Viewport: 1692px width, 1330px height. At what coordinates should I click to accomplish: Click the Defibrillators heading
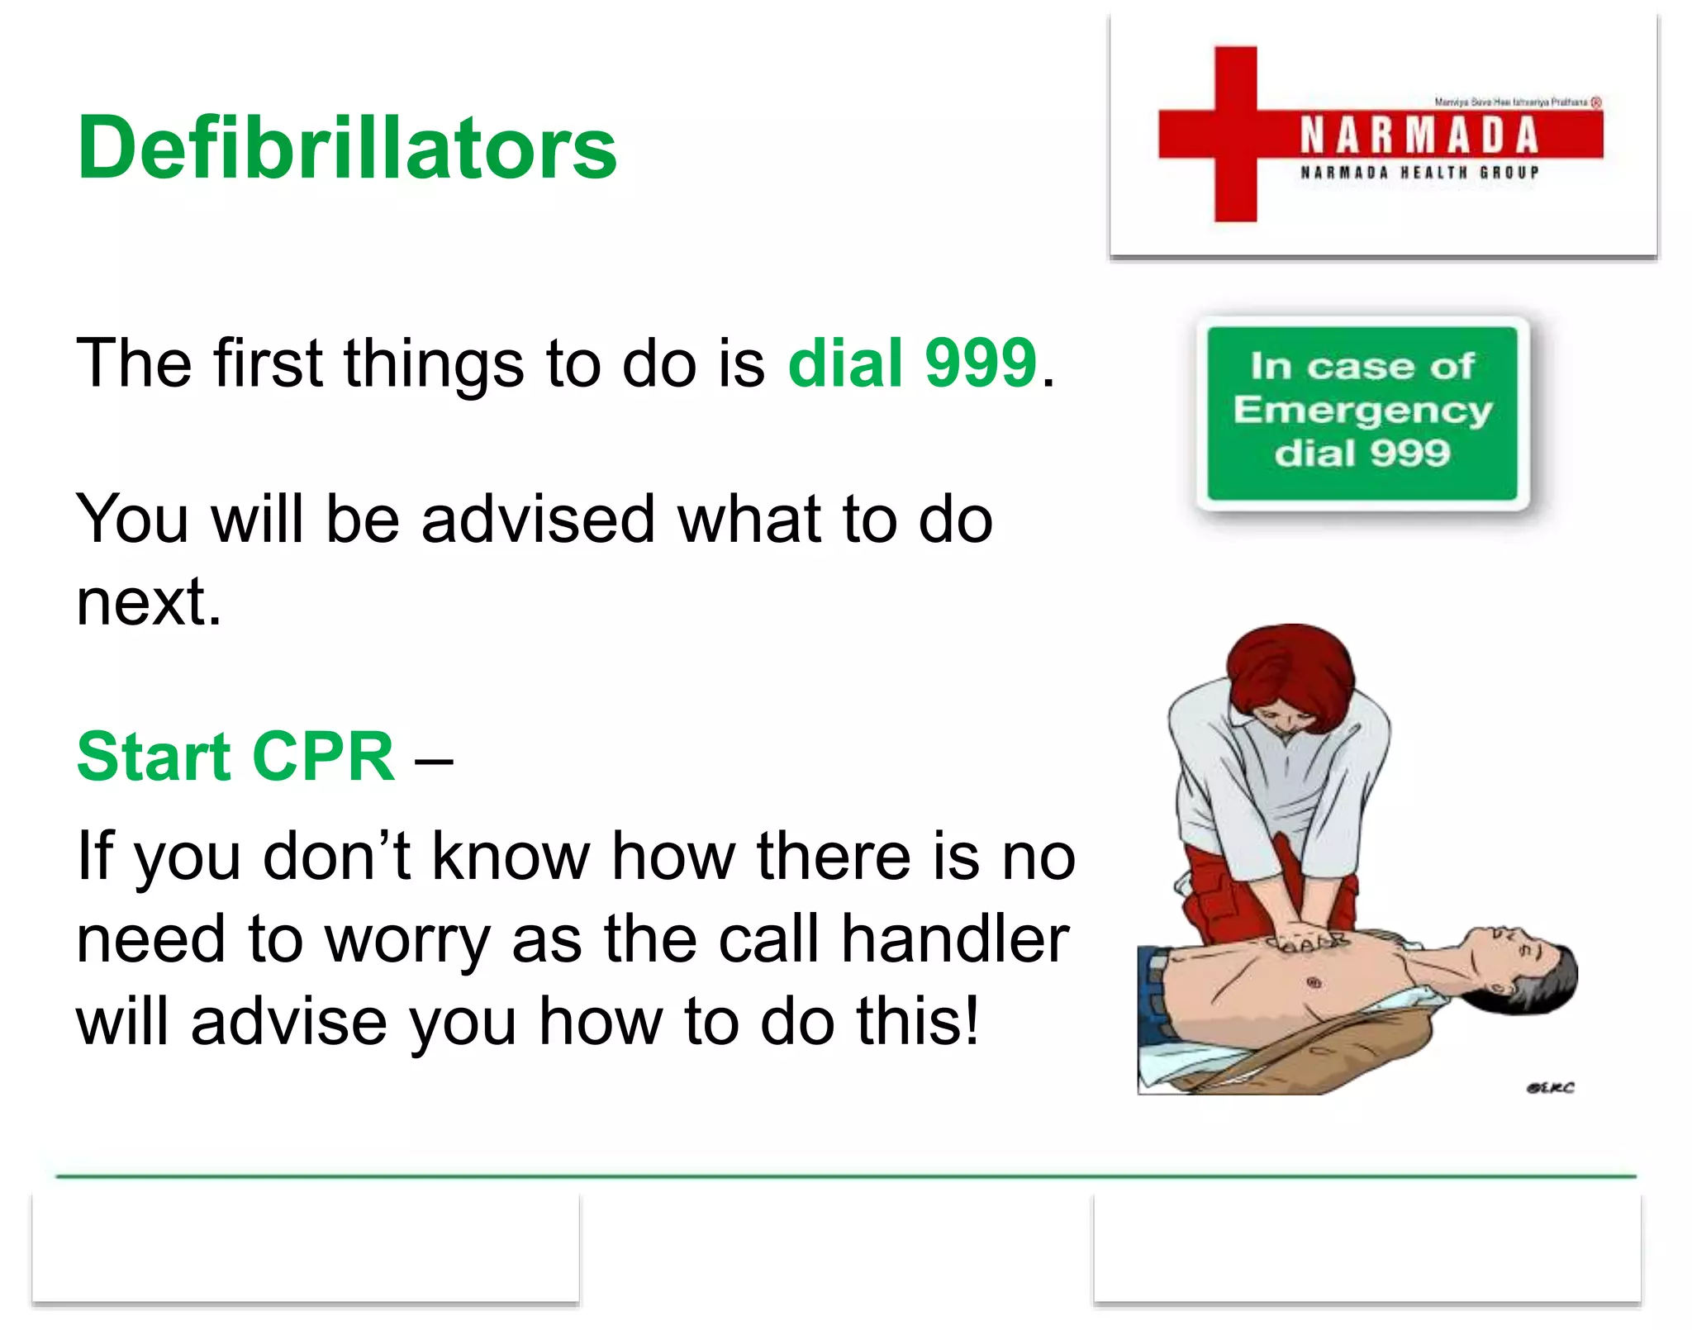click(347, 149)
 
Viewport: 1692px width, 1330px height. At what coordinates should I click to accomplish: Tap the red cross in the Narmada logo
click(1235, 135)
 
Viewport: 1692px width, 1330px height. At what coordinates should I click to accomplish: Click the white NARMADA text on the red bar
click(1419, 136)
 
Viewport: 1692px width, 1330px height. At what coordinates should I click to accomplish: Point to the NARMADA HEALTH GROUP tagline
click(1419, 173)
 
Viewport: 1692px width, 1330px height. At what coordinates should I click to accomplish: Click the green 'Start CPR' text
click(235, 757)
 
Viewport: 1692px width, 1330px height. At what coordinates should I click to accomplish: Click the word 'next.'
click(149, 603)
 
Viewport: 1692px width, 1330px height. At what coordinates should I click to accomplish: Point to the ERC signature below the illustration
click(1551, 1088)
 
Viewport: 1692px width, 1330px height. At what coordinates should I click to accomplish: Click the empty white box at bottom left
click(306, 1249)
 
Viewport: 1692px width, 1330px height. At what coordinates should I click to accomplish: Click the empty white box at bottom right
click(1367, 1249)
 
